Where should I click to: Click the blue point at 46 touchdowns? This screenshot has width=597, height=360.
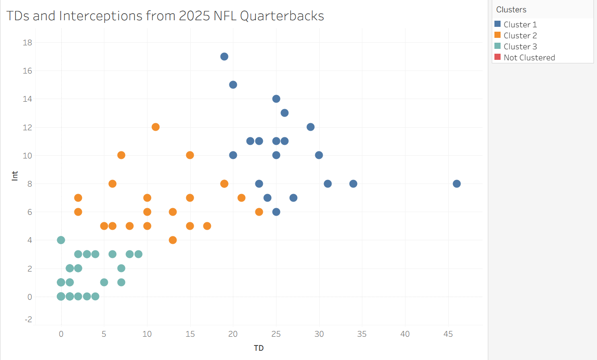[x=457, y=184]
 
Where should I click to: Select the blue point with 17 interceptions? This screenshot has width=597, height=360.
[x=224, y=56]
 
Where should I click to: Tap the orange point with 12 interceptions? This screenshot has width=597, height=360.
[x=155, y=127]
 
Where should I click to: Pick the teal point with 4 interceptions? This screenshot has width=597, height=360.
[x=61, y=240]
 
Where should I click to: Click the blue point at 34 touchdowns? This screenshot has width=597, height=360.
[x=353, y=184]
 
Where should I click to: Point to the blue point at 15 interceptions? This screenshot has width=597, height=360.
[x=233, y=84]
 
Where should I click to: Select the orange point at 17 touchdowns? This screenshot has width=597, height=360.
[x=207, y=226]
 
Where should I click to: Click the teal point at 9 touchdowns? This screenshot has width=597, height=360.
[x=138, y=254]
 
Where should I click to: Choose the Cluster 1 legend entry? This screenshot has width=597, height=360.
[x=520, y=25]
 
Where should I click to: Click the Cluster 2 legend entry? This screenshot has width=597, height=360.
[x=520, y=36]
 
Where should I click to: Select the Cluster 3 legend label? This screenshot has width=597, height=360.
[x=520, y=47]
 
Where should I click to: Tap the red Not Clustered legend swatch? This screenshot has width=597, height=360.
[x=497, y=57]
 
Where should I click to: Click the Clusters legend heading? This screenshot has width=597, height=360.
[x=511, y=9]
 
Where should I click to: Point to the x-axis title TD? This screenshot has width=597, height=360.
[x=258, y=348]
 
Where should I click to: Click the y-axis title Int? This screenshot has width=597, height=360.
[x=15, y=176]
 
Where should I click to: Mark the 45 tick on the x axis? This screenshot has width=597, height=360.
[x=448, y=334]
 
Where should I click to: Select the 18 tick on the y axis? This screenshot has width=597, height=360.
[x=27, y=42]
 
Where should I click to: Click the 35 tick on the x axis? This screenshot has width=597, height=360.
[x=362, y=334]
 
